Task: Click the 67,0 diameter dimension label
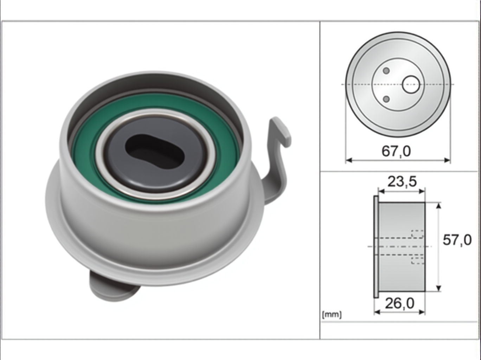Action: pyautogui.click(x=396, y=152)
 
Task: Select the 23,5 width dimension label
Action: pyautogui.click(x=402, y=182)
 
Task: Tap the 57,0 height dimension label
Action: pyautogui.click(x=457, y=240)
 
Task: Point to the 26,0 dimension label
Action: pyautogui.click(x=400, y=303)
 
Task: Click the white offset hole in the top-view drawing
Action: pyautogui.click(x=411, y=85)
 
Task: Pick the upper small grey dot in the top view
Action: pyautogui.click(x=386, y=71)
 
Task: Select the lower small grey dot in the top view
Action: pyautogui.click(x=386, y=99)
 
